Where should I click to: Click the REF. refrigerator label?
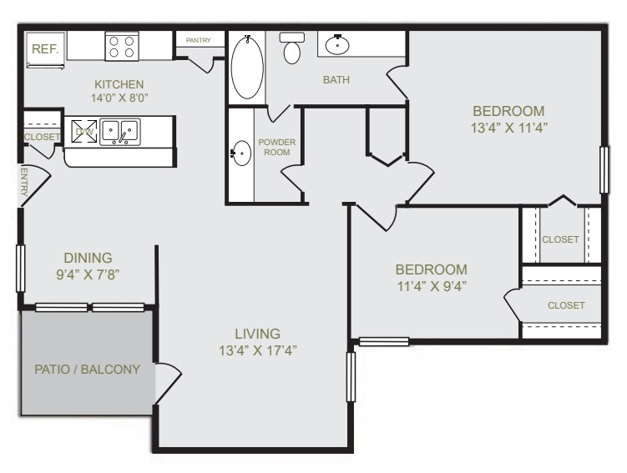point(45,48)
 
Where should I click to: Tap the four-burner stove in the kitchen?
point(122,47)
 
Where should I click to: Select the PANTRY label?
point(198,40)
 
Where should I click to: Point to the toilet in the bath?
point(292,49)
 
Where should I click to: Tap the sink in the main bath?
point(338,44)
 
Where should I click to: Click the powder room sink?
point(241,153)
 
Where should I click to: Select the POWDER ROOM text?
point(277,148)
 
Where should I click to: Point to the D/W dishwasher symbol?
point(84,131)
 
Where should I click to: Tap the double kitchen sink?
point(120,132)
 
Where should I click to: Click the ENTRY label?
point(23,181)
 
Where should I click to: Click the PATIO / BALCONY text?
point(87,369)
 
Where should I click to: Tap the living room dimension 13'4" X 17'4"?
point(256,350)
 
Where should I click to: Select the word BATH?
point(336,80)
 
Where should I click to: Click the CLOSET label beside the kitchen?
point(43,137)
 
